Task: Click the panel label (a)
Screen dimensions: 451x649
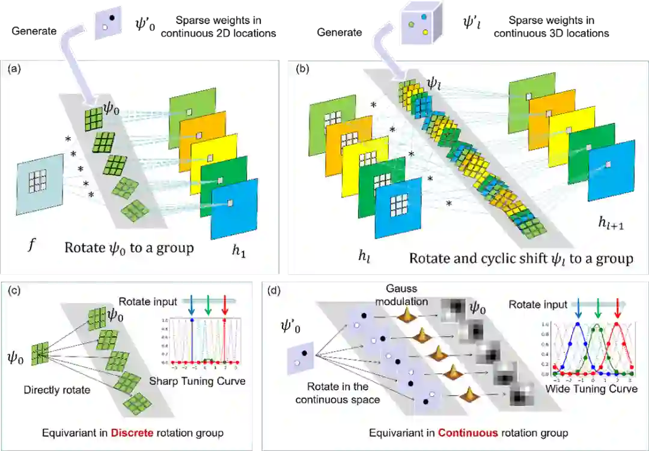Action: click(x=14, y=69)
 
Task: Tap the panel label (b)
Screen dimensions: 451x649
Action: click(x=303, y=68)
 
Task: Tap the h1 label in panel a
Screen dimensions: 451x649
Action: click(x=240, y=253)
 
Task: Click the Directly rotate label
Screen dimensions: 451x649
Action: click(x=57, y=390)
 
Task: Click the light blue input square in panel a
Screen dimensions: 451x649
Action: click(x=40, y=183)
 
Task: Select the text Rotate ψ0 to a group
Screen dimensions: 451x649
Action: click(x=129, y=248)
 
